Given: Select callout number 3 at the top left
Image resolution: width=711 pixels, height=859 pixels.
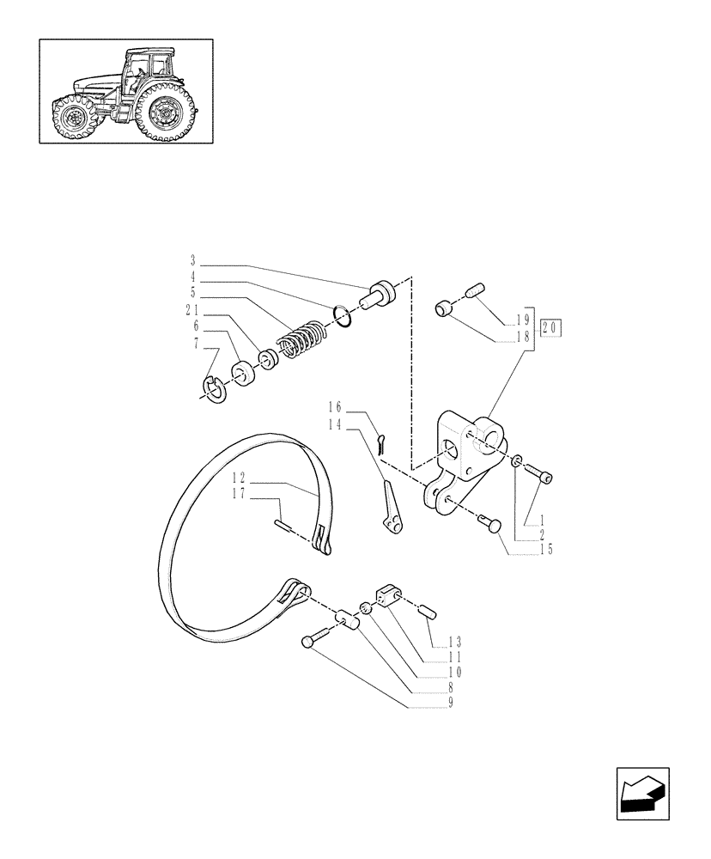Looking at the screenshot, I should (193, 259).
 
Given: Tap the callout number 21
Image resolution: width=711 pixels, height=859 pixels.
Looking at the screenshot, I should (192, 310).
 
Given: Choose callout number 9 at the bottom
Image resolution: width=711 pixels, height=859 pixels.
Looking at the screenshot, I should (450, 703).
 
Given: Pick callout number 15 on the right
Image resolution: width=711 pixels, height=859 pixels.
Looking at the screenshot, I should (545, 550).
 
